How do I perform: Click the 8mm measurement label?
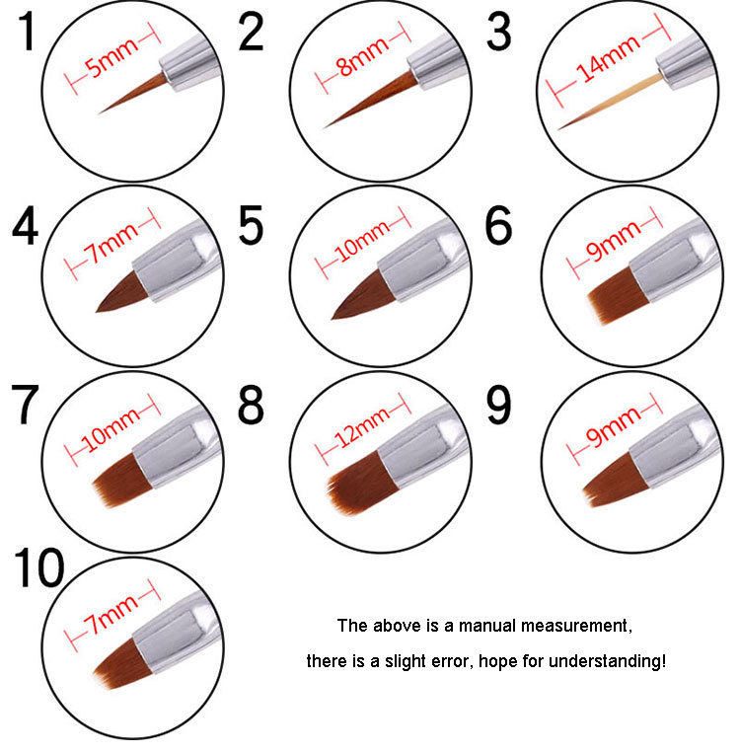point(363,56)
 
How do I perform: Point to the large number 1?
point(28,32)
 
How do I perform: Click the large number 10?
point(39,568)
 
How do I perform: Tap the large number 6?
point(498,225)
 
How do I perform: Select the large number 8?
point(251,405)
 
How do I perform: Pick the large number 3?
point(499,32)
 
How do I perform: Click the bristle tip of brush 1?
point(99,113)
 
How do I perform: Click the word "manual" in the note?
point(487,626)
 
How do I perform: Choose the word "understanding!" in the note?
point(607,662)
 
